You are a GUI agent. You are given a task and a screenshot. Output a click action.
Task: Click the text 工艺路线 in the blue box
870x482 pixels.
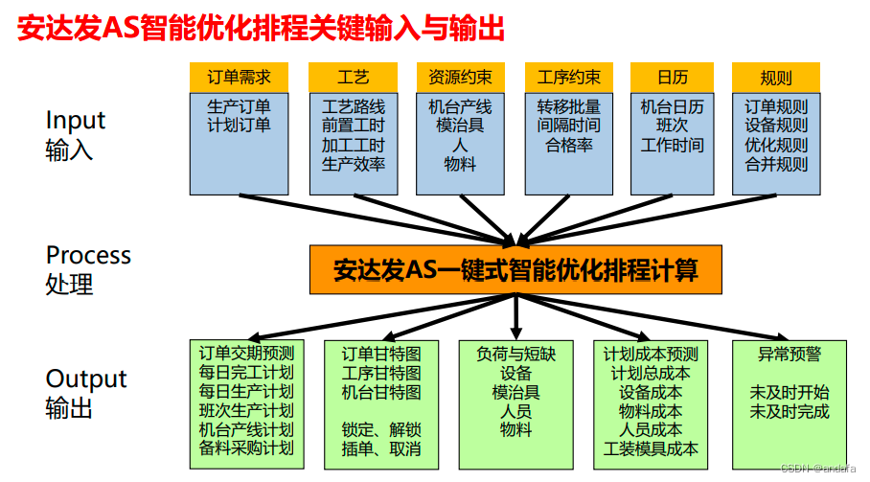(354, 106)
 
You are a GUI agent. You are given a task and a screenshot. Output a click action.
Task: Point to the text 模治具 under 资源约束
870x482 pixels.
(460, 126)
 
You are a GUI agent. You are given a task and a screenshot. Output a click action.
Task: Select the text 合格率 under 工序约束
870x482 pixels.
(569, 145)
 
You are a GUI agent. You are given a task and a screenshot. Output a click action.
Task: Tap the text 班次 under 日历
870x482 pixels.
(672, 126)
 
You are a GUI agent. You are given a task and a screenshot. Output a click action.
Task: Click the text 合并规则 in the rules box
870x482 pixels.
(776, 164)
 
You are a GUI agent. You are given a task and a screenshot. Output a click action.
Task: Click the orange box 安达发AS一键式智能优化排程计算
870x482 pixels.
(515, 270)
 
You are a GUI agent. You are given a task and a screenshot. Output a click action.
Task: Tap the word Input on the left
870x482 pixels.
(76, 121)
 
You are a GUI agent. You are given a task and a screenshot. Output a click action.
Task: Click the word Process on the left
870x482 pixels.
(88, 256)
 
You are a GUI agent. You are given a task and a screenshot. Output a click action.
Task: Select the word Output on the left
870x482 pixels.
(86, 379)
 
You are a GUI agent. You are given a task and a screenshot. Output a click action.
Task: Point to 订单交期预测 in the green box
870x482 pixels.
(246, 354)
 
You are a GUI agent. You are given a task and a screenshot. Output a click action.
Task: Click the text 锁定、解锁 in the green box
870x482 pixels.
(381, 430)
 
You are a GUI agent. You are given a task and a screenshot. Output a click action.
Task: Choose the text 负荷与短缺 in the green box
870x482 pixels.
(515, 354)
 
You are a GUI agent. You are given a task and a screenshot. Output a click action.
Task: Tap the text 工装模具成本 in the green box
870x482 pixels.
(652, 448)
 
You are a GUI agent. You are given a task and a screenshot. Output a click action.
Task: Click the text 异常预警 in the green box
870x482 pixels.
(790, 354)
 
